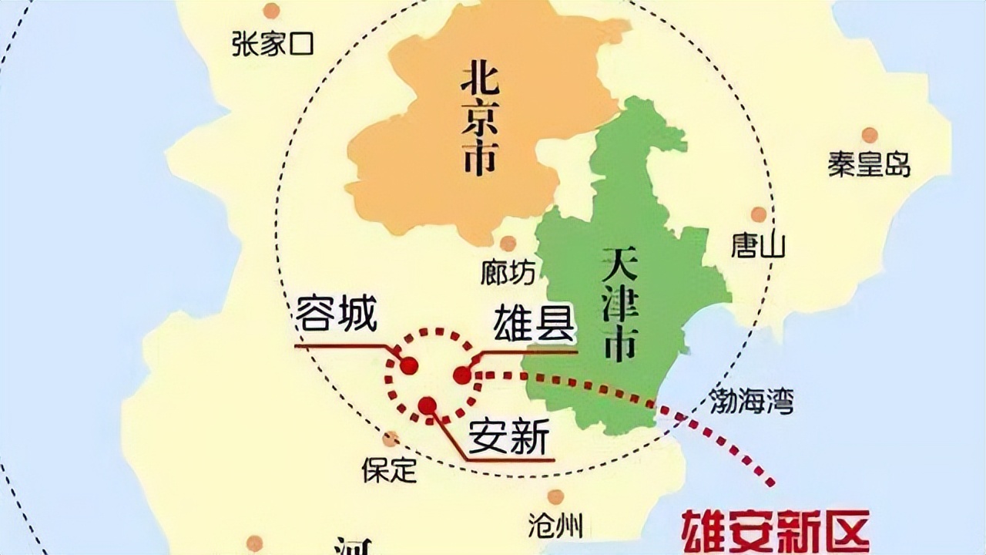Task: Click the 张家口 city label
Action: coord(273,44)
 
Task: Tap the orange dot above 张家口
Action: coord(271,11)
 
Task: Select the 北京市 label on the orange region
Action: coord(478,119)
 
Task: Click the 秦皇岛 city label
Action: coord(870,164)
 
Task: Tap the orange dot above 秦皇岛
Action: coord(870,135)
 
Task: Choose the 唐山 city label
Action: coord(758,246)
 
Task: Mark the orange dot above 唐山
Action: coord(759,214)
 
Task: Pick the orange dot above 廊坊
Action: coord(508,244)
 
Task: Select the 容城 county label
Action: coord(337,316)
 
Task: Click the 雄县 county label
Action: coord(535,324)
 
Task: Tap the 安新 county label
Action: coord(509,439)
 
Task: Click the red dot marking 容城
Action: coord(408,365)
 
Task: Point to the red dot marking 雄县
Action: coord(462,375)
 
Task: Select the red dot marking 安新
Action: coord(428,405)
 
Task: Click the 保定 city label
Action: coord(390,469)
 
